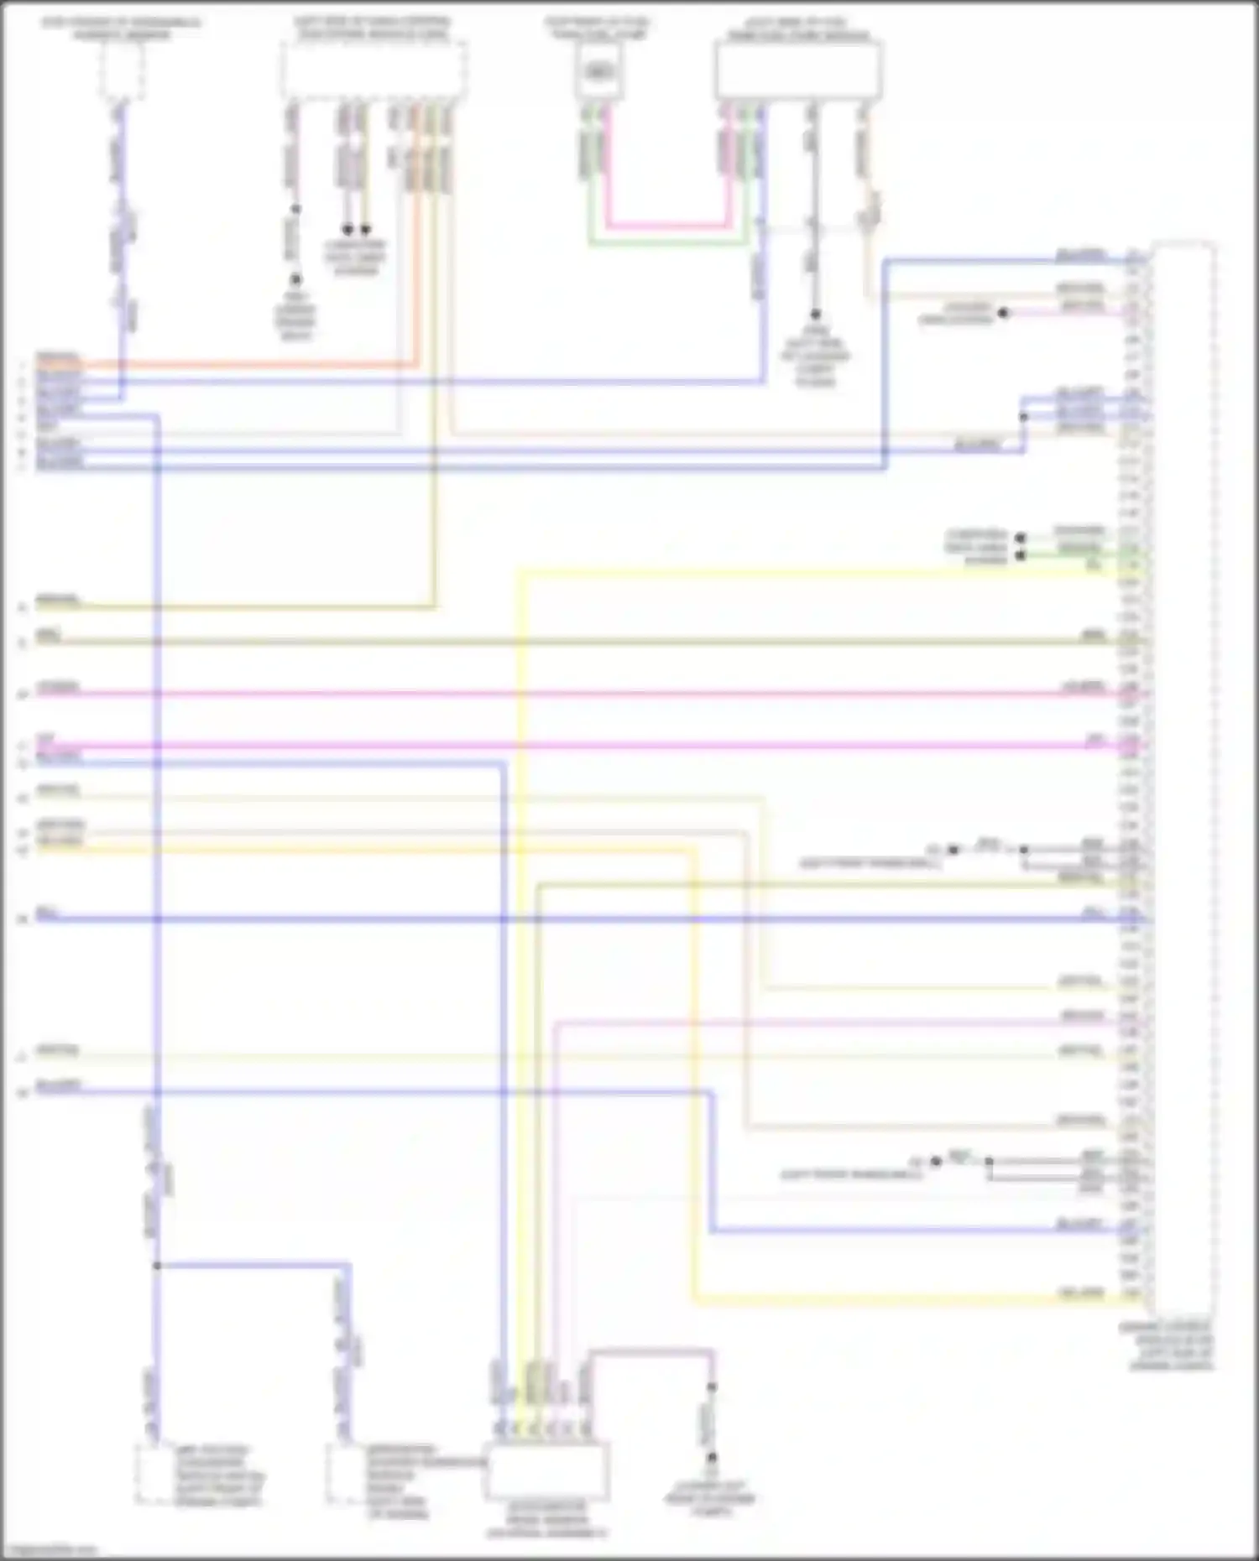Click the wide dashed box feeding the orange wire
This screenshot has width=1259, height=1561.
click(x=374, y=71)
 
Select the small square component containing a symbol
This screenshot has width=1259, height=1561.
click(x=598, y=70)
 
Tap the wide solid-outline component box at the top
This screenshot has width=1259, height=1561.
click(x=798, y=70)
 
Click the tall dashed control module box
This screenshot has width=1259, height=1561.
click(x=1183, y=780)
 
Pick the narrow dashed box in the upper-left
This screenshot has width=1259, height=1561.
click(x=123, y=70)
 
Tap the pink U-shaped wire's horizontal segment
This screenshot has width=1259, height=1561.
click(x=667, y=226)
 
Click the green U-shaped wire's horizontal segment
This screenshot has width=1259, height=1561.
click(x=667, y=243)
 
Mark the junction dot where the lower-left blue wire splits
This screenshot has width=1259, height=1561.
click(x=156, y=1265)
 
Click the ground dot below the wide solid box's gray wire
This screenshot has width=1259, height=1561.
click(x=814, y=315)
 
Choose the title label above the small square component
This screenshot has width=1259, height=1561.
click(x=597, y=28)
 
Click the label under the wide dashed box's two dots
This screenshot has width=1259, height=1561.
click(x=356, y=257)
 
